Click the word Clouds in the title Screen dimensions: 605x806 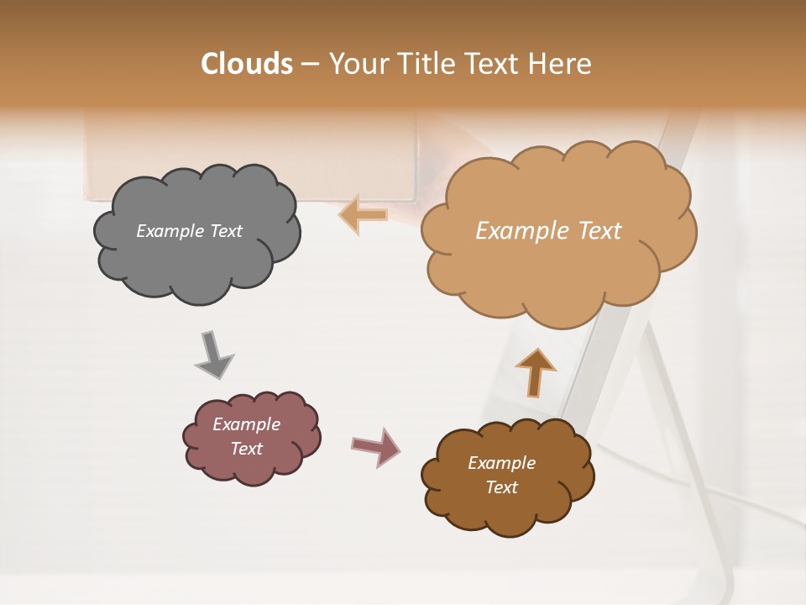246,64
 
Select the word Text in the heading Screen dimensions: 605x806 495,64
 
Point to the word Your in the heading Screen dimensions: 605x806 359,64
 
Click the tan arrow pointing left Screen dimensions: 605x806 364,214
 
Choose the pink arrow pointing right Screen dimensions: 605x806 376,446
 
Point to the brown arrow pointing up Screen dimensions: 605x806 536,372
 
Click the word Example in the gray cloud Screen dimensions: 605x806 170,231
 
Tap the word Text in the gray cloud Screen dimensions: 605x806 225,231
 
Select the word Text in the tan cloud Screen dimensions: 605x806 599,231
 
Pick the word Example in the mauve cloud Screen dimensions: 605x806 246,424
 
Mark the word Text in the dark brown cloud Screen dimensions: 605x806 501,487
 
